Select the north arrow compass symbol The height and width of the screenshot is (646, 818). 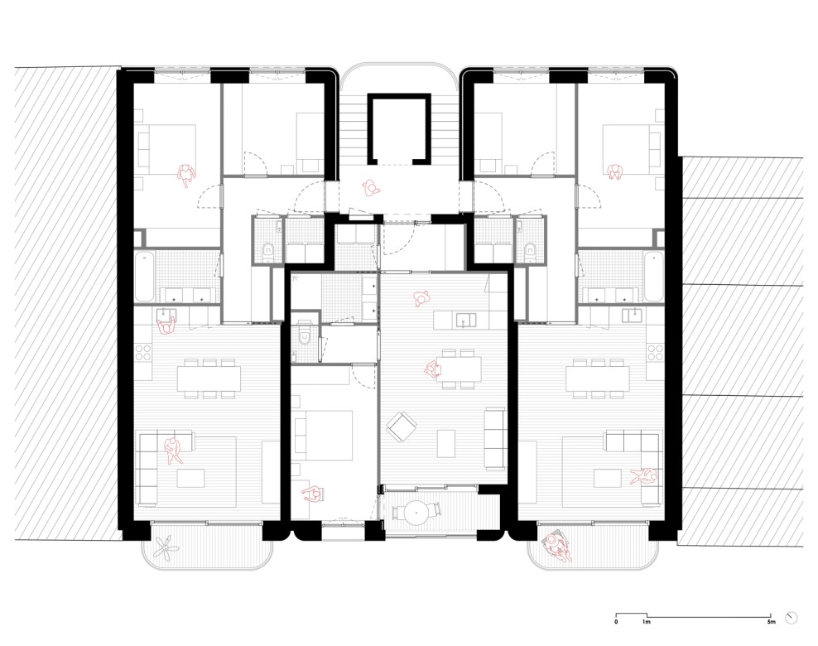pos(793,617)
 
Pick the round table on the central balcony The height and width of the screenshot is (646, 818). pos(414,512)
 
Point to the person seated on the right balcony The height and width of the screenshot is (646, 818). pos(557,544)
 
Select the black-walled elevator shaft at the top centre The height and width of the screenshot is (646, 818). pos(401,128)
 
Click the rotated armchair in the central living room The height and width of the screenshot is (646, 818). pos(402,427)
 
